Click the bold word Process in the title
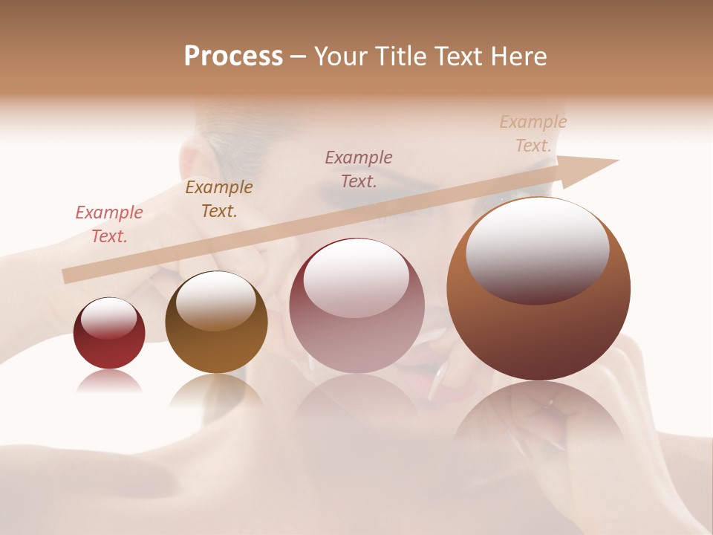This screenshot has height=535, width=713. (233, 56)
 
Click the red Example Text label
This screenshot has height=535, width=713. (109, 224)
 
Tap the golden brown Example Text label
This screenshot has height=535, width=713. (219, 199)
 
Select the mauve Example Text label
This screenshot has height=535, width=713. (359, 169)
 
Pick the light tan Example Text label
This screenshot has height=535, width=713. (533, 134)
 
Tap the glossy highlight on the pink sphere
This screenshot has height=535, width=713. (356, 273)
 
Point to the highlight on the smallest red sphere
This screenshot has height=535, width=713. (109, 318)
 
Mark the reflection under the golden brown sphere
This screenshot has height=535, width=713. (216, 390)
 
